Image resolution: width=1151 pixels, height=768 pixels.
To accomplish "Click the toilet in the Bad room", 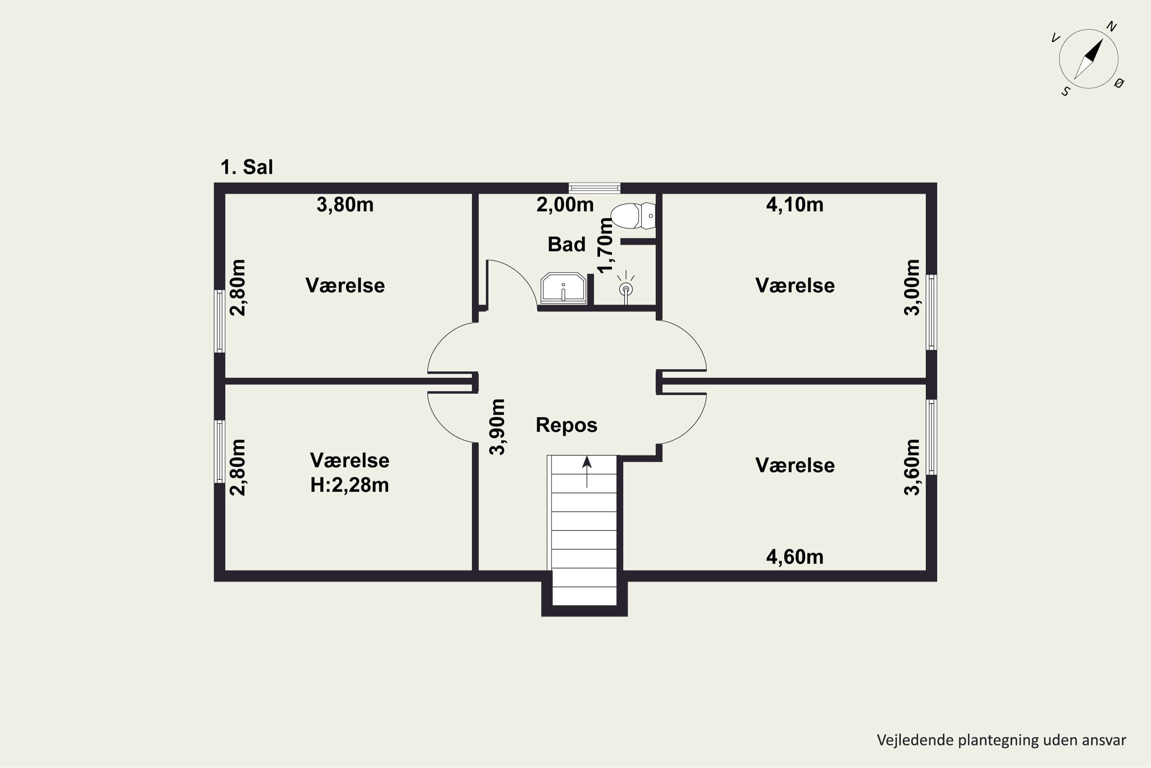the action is pyautogui.click(x=633, y=216).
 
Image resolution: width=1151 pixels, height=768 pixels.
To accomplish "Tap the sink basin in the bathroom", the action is pyautogui.click(x=563, y=288).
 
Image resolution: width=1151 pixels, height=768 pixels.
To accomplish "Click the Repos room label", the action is pyautogui.click(x=566, y=425).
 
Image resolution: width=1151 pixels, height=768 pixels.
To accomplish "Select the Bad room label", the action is pyautogui.click(x=566, y=244).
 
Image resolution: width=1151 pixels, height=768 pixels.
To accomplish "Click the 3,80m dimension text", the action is pyautogui.click(x=345, y=204).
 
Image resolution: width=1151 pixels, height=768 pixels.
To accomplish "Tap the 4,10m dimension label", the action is pyautogui.click(x=795, y=204).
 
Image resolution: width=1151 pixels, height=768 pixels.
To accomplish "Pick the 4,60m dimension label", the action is pyautogui.click(x=795, y=557).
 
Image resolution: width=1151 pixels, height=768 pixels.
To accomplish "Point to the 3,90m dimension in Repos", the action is pyautogui.click(x=497, y=427).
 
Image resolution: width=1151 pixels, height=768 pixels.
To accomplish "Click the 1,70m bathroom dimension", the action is pyautogui.click(x=605, y=245).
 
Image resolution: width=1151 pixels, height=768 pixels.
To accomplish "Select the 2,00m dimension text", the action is pyautogui.click(x=565, y=204).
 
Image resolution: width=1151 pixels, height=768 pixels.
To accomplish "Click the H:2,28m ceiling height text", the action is pyautogui.click(x=350, y=485).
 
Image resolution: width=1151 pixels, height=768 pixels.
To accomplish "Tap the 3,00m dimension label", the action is pyautogui.click(x=912, y=288).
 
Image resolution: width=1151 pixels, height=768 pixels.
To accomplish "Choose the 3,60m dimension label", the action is pyautogui.click(x=912, y=467).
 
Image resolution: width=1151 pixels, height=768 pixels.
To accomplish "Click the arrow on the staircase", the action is pyautogui.click(x=587, y=472).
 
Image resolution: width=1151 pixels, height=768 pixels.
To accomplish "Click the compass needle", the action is pyautogui.click(x=1089, y=59).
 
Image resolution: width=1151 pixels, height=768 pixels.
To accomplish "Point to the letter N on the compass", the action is pyautogui.click(x=1112, y=26).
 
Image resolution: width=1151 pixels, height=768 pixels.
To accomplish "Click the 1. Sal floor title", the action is pyautogui.click(x=247, y=167).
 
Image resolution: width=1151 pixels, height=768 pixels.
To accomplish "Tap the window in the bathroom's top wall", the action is pyautogui.click(x=594, y=188).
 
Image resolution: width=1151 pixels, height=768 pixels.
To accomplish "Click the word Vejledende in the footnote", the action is pyautogui.click(x=908, y=740).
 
